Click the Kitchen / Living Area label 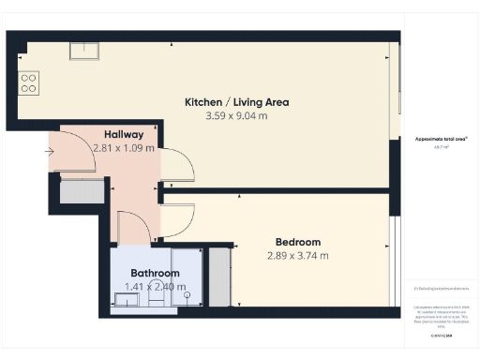(236, 102)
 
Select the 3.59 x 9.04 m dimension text (236, 116)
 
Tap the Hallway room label (123, 134)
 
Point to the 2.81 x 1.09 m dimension (123, 148)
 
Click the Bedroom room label (298, 241)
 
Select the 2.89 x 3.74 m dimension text (298, 255)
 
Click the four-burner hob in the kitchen (29, 82)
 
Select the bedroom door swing (178, 219)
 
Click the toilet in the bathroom (187, 298)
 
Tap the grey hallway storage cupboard (82, 191)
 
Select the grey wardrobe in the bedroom (218, 277)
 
